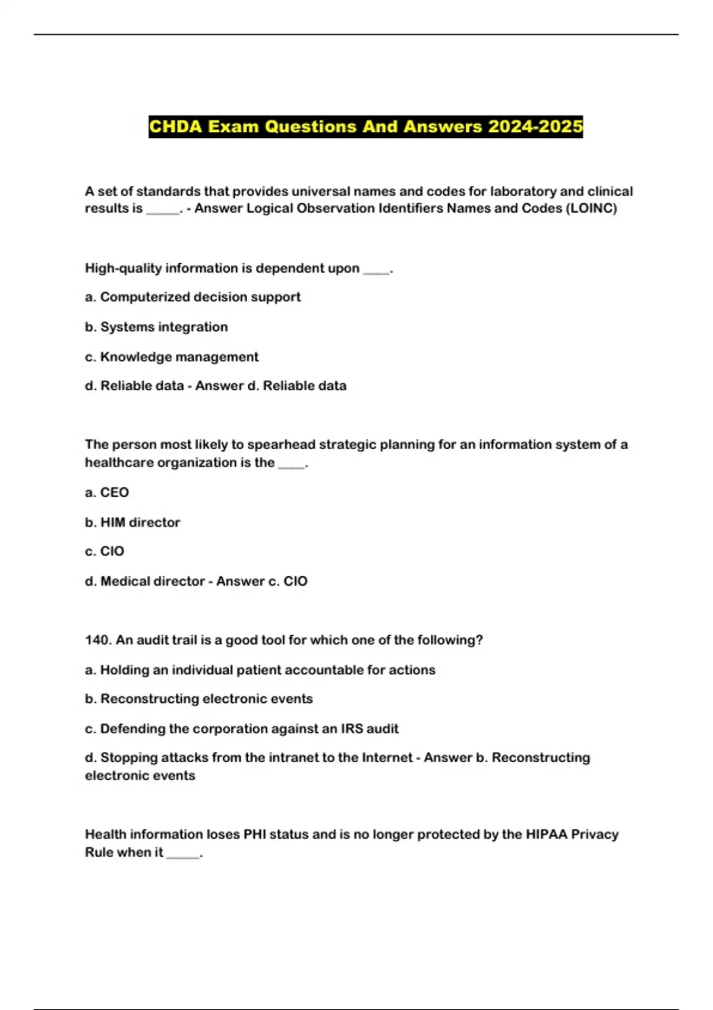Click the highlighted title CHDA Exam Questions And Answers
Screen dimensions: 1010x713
365,127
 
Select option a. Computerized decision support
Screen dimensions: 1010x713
193,297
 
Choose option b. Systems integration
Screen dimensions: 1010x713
156,327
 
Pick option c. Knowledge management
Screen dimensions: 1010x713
172,357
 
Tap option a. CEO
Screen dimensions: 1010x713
107,493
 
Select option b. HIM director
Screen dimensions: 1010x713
132,522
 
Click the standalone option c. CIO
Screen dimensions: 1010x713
105,551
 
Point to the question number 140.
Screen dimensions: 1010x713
98,640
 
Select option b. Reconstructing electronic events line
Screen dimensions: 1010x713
199,699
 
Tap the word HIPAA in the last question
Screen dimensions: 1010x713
546,834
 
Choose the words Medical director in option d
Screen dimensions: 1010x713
153,581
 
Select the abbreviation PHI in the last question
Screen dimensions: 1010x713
255,834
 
